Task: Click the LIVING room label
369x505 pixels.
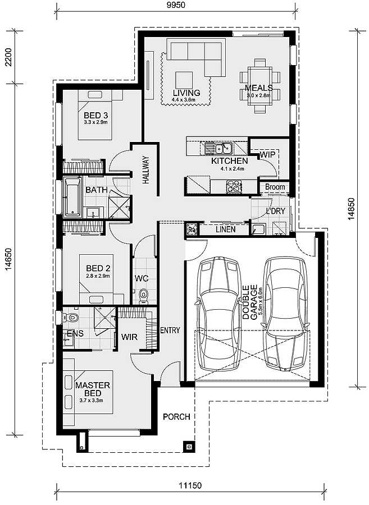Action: [x=186, y=93]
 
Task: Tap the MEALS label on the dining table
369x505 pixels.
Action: [x=258, y=88]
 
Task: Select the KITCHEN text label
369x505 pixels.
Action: [x=229, y=161]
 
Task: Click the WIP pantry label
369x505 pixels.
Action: [x=267, y=153]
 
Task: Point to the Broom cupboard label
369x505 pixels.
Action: [x=275, y=187]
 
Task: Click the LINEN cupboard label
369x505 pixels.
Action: [x=225, y=229]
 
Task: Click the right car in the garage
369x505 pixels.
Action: [x=286, y=314]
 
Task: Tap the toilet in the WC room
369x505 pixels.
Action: [x=143, y=293]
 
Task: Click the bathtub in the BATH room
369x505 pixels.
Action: [x=72, y=197]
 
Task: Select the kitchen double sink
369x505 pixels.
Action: [x=220, y=149]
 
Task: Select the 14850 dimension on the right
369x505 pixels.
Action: [x=352, y=209]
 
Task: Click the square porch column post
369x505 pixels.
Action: [x=189, y=447]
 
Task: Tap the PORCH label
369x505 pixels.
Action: [x=176, y=417]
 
